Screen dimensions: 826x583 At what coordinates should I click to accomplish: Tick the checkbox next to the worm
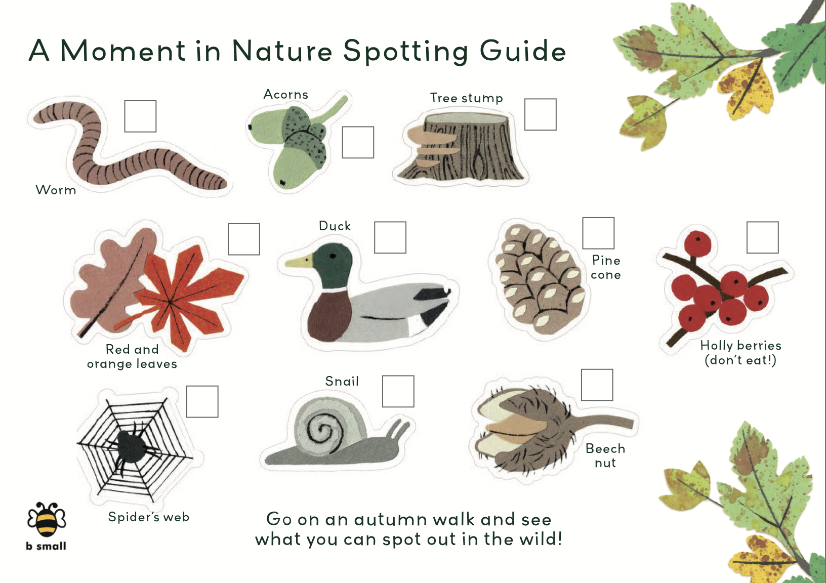140,116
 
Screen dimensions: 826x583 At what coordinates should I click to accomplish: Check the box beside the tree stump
540,114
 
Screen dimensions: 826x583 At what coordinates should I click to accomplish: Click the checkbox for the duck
390,237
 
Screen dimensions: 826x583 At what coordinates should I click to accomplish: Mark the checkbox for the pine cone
598,233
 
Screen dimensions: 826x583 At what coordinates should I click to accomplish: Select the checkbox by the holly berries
763,237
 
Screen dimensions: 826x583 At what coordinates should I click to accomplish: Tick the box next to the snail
398,391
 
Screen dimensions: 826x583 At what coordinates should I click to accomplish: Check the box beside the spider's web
202,402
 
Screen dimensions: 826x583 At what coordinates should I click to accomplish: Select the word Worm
56,190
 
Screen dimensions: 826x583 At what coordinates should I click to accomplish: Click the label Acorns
286,95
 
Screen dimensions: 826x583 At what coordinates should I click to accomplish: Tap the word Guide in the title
523,51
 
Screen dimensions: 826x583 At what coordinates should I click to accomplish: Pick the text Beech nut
605,455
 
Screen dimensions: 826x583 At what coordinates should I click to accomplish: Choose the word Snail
342,381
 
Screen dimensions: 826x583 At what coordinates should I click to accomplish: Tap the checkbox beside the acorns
358,142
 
